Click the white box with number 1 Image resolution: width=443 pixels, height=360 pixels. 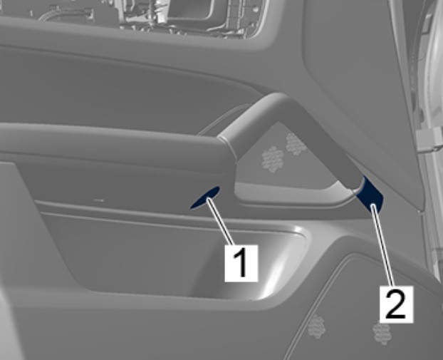coord(241,263)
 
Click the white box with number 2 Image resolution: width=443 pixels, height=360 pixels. coord(396,304)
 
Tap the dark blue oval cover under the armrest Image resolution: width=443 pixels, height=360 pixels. coord(205,197)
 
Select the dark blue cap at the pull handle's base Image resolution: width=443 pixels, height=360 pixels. coord(370,195)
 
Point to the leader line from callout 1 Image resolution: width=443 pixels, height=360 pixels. coord(221,222)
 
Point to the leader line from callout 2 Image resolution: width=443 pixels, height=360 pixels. coord(382,245)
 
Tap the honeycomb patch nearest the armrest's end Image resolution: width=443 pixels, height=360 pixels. coord(273,159)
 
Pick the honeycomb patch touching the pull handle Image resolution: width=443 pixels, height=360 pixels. coord(296,144)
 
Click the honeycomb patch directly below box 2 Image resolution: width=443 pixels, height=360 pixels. coord(382,333)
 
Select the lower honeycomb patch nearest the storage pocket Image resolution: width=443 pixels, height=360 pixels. coord(316,326)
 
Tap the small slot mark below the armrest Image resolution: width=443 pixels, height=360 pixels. coord(98,200)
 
